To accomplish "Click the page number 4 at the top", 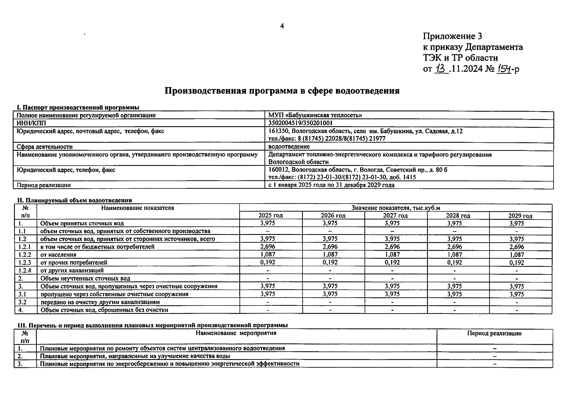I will click(282, 26).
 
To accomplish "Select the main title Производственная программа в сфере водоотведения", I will click(282, 91).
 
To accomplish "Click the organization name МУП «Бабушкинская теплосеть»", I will click(315, 115).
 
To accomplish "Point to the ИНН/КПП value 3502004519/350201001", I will click(300, 123).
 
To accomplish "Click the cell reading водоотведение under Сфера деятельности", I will click(289, 146).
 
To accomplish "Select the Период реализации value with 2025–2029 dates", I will click(331, 185).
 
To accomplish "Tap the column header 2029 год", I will click(520, 216).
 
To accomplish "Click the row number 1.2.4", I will click(25, 270).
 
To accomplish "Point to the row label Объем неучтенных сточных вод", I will click(85, 278).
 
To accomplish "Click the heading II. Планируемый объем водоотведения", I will click(74, 200).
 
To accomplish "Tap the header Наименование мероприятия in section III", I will click(236, 333).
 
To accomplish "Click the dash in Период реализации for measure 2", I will click(494, 356).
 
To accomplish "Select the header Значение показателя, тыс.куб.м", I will click(396, 208).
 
